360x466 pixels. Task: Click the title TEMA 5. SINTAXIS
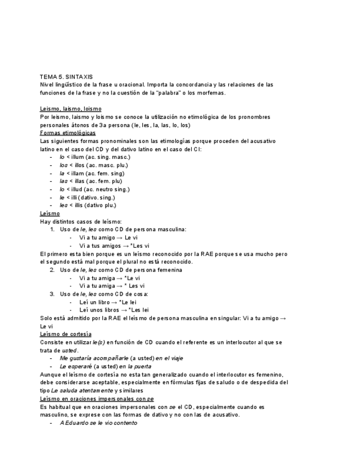pos(67,77)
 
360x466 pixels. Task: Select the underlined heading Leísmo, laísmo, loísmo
pos(70,109)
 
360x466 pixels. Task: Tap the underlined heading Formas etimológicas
pos(68,133)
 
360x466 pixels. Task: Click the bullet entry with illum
pos(95,157)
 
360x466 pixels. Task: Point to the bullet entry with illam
pos(92,173)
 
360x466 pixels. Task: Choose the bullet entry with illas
pos(91,181)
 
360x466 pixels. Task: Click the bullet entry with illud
pos(95,189)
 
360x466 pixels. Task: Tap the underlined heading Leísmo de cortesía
pos(66,334)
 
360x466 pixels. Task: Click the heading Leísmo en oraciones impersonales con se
pos(97,398)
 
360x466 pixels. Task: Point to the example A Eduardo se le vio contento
pos(98,423)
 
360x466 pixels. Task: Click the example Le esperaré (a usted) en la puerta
pos(105,366)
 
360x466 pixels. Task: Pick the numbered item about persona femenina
pos(121,270)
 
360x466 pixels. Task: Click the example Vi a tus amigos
pos(114,246)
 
